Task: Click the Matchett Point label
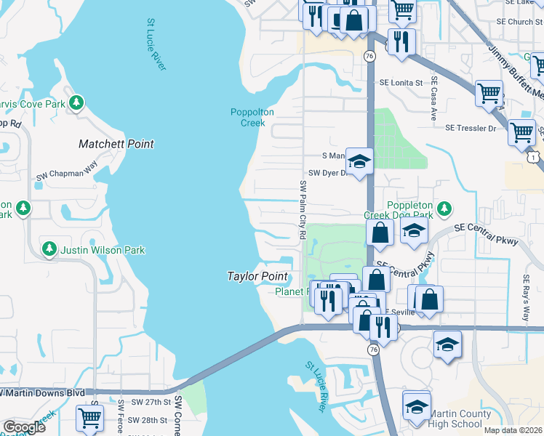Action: pyautogui.click(x=116, y=144)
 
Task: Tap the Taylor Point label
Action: pyautogui.click(x=257, y=276)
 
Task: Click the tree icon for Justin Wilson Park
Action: pyautogui.click(x=49, y=249)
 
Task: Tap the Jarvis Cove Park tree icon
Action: pyautogui.click(x=76, y=103)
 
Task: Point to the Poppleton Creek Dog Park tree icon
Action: pyautogui.click(x=443, y=209)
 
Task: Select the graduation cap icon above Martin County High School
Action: pyautogui.click(x=417, y=405)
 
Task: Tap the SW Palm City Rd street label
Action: pyautogui.click(x=303, y=211)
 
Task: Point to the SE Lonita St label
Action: pyautogui.click(x=401, y=83)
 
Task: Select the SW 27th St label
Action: pyautogui.click(x=150, y=402)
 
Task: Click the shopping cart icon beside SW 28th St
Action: pyautogui.click(x=89, y=417)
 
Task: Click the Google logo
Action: pyautogui.click(x=24, y=427)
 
